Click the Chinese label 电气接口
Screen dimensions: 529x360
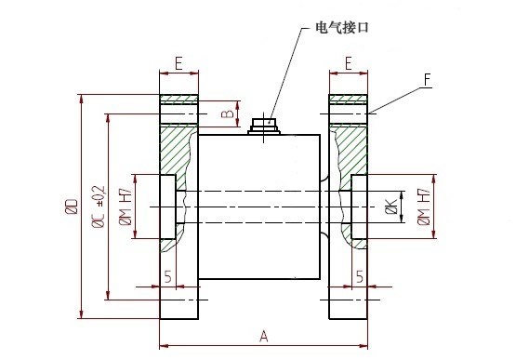(x=342, y=27)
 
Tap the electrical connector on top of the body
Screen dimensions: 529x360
(x=264, y=126)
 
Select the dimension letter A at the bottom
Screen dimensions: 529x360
(x=264, y=337)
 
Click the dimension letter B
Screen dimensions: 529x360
(x=228, y=113)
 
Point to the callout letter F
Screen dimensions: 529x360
(x=428, y=80)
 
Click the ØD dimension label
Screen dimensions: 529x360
(x=72, y=207)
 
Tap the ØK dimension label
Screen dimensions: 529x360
(x=391, y=207)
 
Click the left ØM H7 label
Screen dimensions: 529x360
(x=126, y=207)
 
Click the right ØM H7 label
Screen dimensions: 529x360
(x=424, y=207)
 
